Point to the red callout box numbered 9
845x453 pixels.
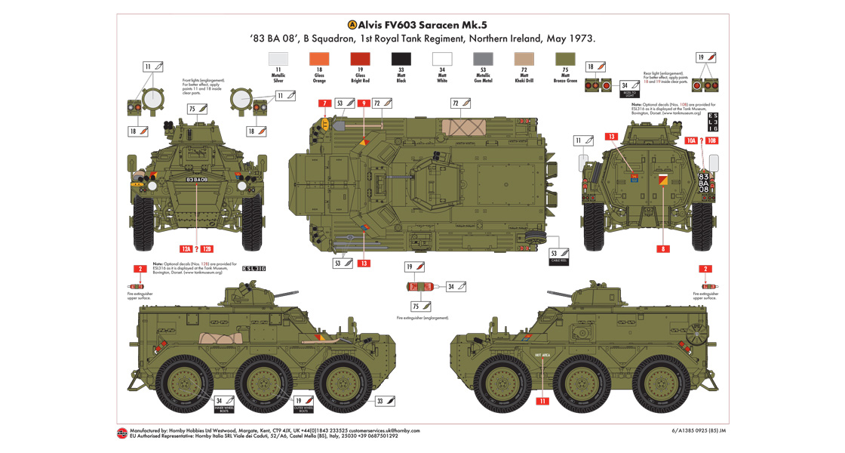tap(364, 103)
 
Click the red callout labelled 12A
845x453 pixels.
tap(186, 248)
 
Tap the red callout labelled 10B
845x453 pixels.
tap(712, 140)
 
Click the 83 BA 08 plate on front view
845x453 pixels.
tap(196, 179)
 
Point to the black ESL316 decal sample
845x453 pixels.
tap(254, 268)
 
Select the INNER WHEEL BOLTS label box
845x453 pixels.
tap(224, 403)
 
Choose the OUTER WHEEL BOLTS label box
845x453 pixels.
tap(303, 403)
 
